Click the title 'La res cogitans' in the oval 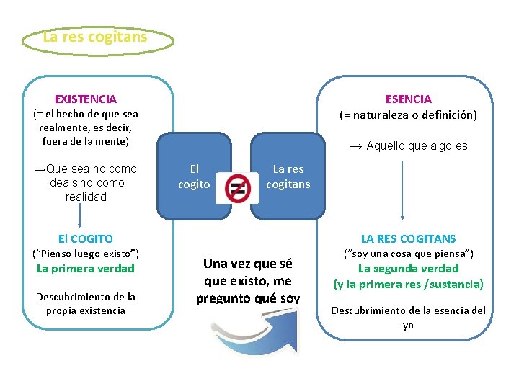tap(95, 36)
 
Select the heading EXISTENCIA tap(86, 99)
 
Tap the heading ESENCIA tap(408, 99)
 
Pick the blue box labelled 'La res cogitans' tap(288, 176)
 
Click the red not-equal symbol tap(237, 189)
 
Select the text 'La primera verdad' tap(86, 269)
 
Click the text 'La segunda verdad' tap(408, 269)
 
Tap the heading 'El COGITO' tap(86, 238)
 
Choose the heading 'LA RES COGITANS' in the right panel tap(408, 238)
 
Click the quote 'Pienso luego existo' tap(86, 254)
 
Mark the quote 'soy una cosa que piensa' tap(408, 254)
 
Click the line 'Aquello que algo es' tap(408, 146)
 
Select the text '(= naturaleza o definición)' tap(408, 115)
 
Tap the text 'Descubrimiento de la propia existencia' tap(86, 303)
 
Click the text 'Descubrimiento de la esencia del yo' tap(408, 317)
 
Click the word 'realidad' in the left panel tap(86, 197)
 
